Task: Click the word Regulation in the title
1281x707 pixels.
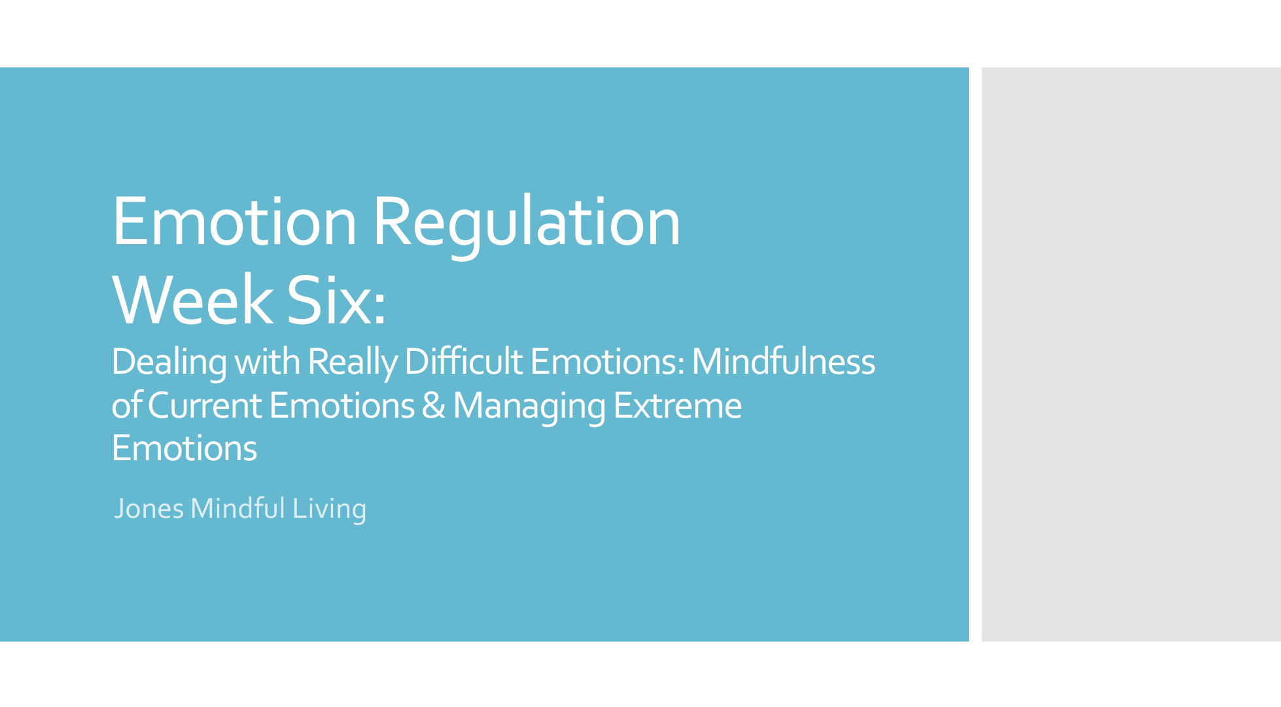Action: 527,223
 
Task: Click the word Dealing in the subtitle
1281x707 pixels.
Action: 169,362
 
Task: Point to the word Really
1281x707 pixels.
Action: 352,362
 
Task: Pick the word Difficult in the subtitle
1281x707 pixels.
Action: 463,362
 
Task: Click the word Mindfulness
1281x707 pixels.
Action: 783,362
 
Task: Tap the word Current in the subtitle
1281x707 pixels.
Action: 205,406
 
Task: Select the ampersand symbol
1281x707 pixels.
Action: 433,406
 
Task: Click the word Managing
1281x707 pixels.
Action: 529,406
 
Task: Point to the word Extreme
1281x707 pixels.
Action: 677,406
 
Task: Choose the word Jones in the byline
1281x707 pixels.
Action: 149,509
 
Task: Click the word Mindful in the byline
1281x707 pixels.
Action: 237,509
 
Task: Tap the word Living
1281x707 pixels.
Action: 329,509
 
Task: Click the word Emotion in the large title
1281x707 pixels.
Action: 234,223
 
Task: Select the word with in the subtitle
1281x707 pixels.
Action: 267,362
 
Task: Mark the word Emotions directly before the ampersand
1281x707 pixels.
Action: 342,406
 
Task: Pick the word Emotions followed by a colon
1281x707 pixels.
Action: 606,362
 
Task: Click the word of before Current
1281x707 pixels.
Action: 126,406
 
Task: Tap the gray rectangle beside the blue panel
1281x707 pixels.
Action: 1131,353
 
